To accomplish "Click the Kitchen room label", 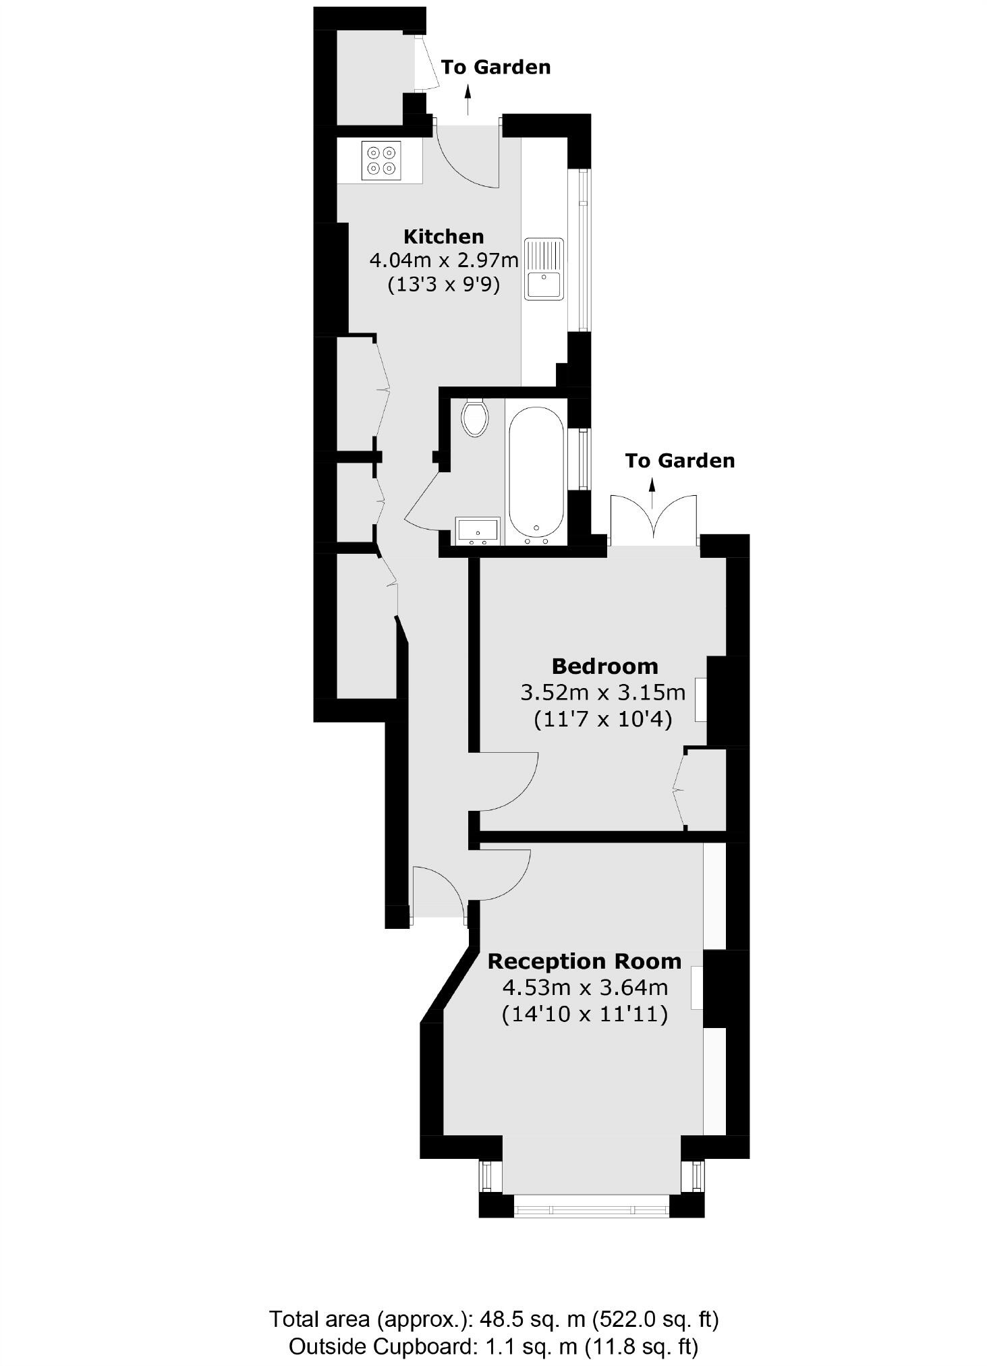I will pyautogui.click(x=443, y=237).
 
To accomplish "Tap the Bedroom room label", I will pyautogui.click(x=604, y=666).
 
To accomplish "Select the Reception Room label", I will pyautogui.click(x=584, y=961).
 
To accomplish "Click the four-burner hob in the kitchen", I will pyautogui.click(x=381, y=161).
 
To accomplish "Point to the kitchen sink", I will pyautogui.click(x=544, y=269).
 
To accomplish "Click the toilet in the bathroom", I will pyautogui.click(x=475, y=417).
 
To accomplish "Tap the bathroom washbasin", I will pyautogui.click(x=478, y=530).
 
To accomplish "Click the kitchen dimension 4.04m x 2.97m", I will pyautogui.click(x=444, y=260).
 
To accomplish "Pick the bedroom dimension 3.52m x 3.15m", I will pyautogui.click(x=603, y=693).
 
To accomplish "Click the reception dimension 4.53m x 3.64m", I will pyautogui.click(x=585, y=988).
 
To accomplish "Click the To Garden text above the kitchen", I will pyautogui.click(x=496, y=67).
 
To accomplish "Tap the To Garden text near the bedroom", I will pyautogui.click(x=679, y=461).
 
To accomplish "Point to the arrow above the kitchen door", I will pyautogui.click(x=468, y=101).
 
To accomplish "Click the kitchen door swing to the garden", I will pyautogui.click(x=466, y=156).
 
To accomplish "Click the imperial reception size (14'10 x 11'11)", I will pyautogui.click(x=585, y=1015).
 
